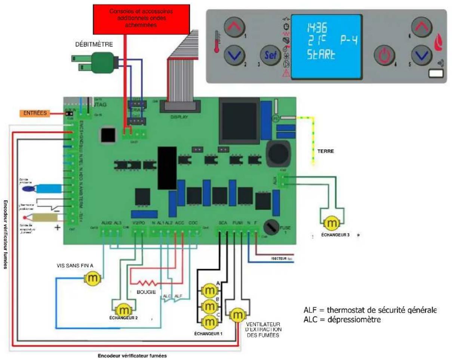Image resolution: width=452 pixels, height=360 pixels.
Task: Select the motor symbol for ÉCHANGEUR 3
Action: pyautogui.click(x=331, y=224)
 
